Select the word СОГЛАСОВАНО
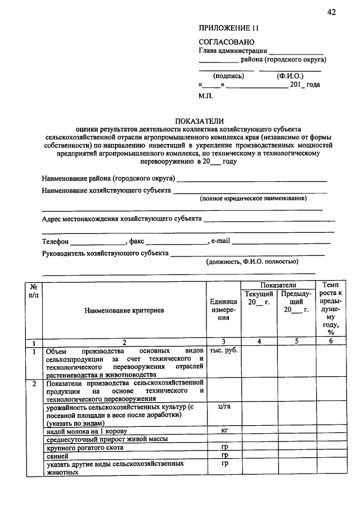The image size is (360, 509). pos(227,42)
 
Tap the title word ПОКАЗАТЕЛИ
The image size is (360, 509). pos(200,120)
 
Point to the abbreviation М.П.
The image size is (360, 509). pos(206,96)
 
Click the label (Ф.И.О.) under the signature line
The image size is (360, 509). pos(290,75)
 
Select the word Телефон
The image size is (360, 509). pos(55,241)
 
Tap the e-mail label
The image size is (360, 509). pos(220,241)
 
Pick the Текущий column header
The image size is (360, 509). pos(259,294)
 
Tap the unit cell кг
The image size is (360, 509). pos(224,430)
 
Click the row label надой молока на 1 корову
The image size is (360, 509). pos(85,431)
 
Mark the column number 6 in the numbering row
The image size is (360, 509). pos(330,341)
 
